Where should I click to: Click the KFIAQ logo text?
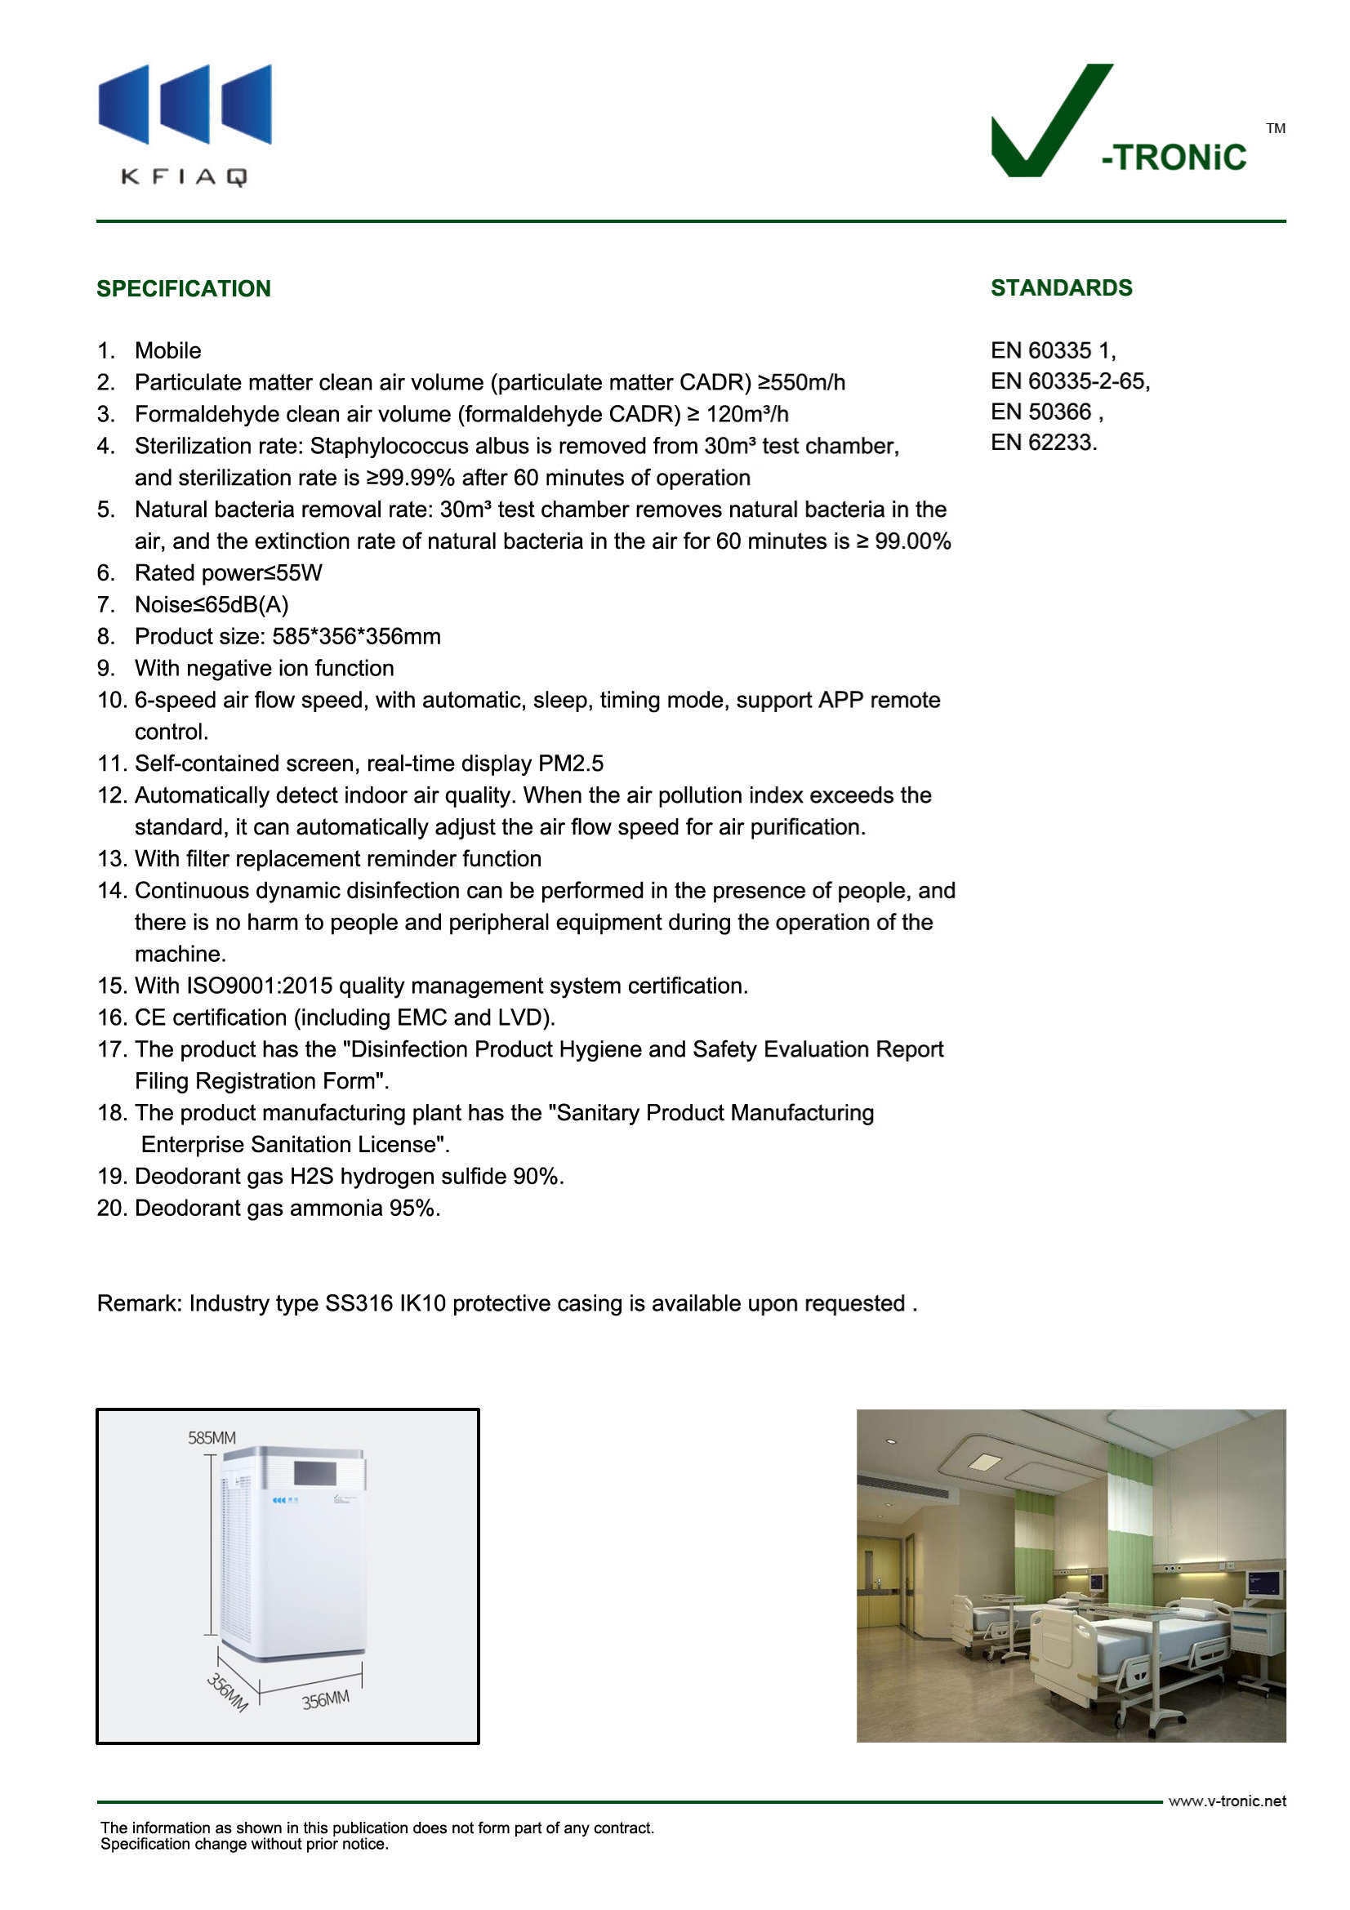pos(184,176)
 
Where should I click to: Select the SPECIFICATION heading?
pos(184,288)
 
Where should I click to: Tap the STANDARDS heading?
pos(1061,287)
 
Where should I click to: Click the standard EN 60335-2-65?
pos(1069,381)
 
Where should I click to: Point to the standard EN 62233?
pos(1042,443)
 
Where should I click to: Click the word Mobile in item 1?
pos(168,350)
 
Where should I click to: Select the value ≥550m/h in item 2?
pos(801,382)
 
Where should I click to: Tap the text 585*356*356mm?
pos(356,636)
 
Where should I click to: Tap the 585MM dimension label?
pos(212,1437)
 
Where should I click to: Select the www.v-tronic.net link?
pos(1226,1801)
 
